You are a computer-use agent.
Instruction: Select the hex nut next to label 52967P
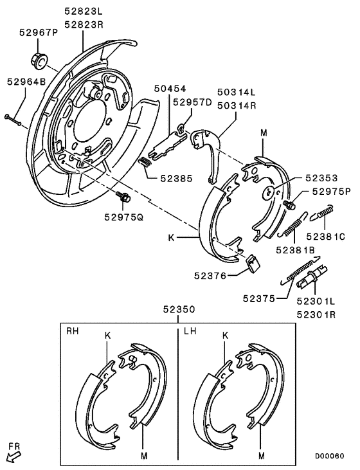click(38, 60)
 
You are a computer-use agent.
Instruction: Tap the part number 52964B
click(26, 82)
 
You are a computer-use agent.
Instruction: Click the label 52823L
click(84, 11)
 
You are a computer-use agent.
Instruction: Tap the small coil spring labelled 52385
click(145, 163)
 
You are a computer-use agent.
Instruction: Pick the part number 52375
click(260, 298)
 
